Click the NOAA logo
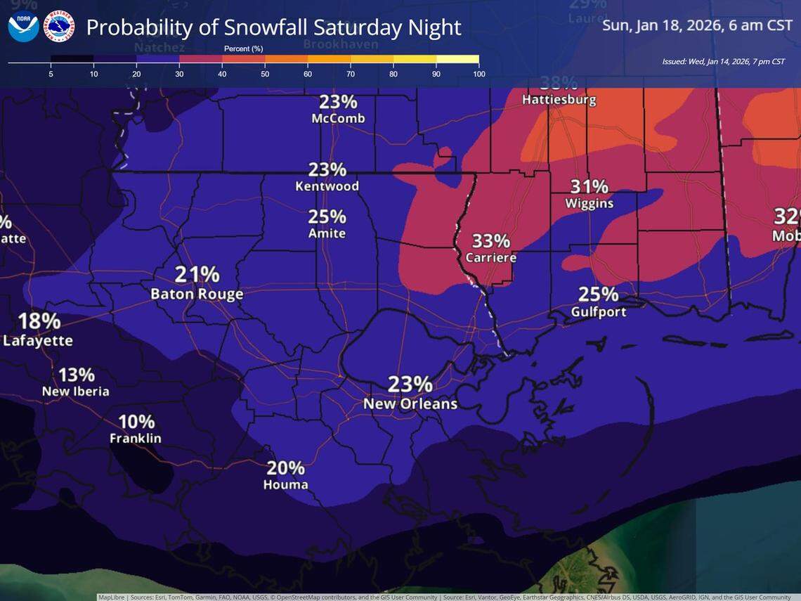(x=23, y=27)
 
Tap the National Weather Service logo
(x=59, y=27)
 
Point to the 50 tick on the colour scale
(x=265, y=73)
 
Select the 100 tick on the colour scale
(x=478, y=73)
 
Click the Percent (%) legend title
(x=243, y=49)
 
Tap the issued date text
(x=723, y=62)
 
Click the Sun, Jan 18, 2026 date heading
(x=697, y=26)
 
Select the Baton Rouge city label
(x=197, y=295)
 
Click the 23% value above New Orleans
(x=410, y=384)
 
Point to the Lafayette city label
(x=38, y=341)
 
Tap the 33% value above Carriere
(x=490, y=240)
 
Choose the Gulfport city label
(x=598, y=311)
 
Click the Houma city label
(x=285, y=485)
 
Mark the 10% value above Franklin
(x=136, y=421)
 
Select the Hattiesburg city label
(x=559, y=100)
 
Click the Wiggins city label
(x=589, y=204)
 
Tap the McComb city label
(x=338, y=119)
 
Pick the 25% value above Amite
(x=327, y=216)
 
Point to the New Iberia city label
(x=76, y=392)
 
